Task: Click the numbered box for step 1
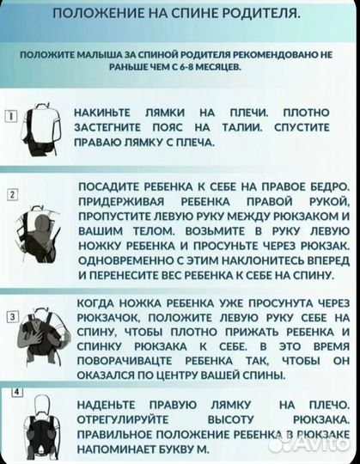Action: click(10, 116)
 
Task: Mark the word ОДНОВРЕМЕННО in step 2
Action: click(128, 259)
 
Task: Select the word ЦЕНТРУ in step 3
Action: click(186, 375)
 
